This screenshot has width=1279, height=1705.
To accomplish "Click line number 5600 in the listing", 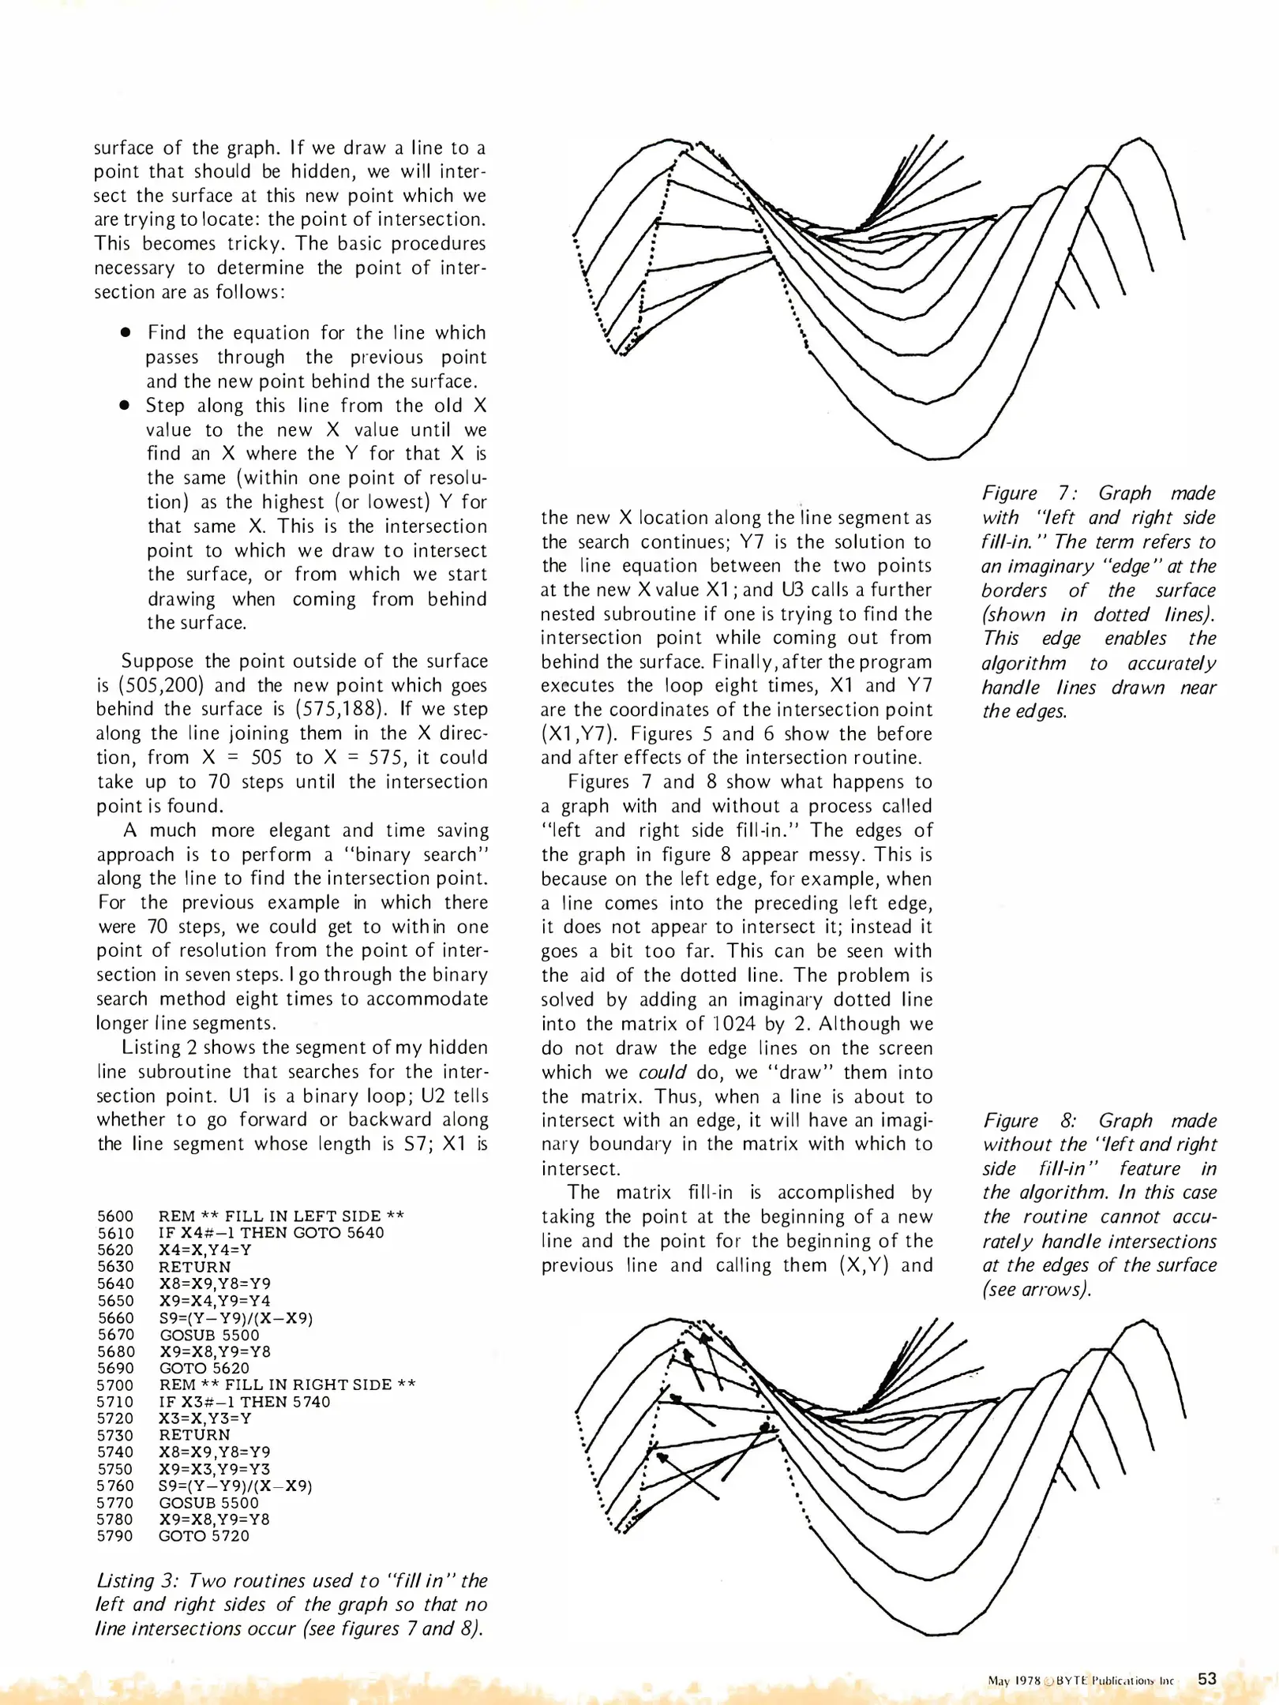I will tap(115, 1216).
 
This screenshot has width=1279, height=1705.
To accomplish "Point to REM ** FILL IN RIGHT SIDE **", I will tap(287, 1385).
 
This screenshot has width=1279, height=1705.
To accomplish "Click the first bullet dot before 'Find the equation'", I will tap(125, 333).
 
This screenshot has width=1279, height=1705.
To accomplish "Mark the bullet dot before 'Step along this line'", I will tap(125, 406).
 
